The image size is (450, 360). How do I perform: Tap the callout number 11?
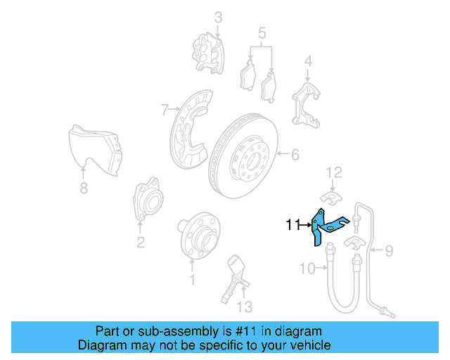pyautogui.click(x=293, y=225)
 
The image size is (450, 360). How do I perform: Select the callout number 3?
pyautogui.click(x=218, y=17)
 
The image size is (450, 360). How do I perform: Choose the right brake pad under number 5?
pyautogui.click(x=269, y=87)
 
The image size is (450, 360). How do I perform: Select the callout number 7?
pyautogui.click(x=165, y=109)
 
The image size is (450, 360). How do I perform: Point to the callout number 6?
pyautogui.click(x=295, y=154)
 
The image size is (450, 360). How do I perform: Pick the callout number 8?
pyautogui.click(x=84, y=188)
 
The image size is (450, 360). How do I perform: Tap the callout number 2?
pyautogui.click(x=141, y=243)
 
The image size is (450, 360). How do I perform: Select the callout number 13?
pyautogui.click(x=243, y=307)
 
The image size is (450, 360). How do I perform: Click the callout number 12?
pyautogui.click(x=333, y=172)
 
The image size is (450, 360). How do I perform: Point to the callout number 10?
pyautogui.click(x=307, y=267)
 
